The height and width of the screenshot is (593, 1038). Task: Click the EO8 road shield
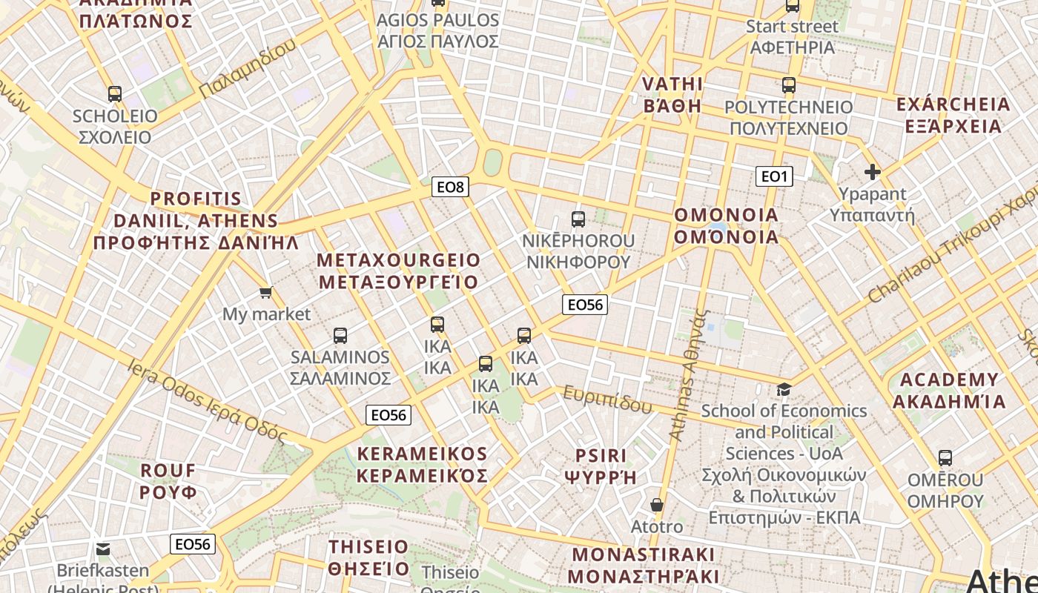[450, 187]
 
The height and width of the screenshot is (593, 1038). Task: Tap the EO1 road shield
[774, 176]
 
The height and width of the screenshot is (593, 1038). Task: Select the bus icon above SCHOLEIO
[115, 94]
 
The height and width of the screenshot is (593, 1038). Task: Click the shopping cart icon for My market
[266, 293]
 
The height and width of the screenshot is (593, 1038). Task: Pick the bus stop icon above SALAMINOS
[340, 336]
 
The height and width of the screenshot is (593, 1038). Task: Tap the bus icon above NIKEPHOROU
[578, 219]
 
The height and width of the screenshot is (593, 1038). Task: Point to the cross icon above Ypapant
[873, 173]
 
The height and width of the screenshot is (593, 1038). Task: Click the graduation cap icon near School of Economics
[784, 389]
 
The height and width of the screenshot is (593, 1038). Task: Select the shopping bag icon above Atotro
[656, 506]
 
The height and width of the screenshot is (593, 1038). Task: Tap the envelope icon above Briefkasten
[103, 549]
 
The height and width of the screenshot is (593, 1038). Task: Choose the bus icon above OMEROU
[945, 458]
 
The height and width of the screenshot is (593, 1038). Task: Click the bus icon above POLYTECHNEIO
[789, 85]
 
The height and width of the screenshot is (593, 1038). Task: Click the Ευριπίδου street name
[607, 400]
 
